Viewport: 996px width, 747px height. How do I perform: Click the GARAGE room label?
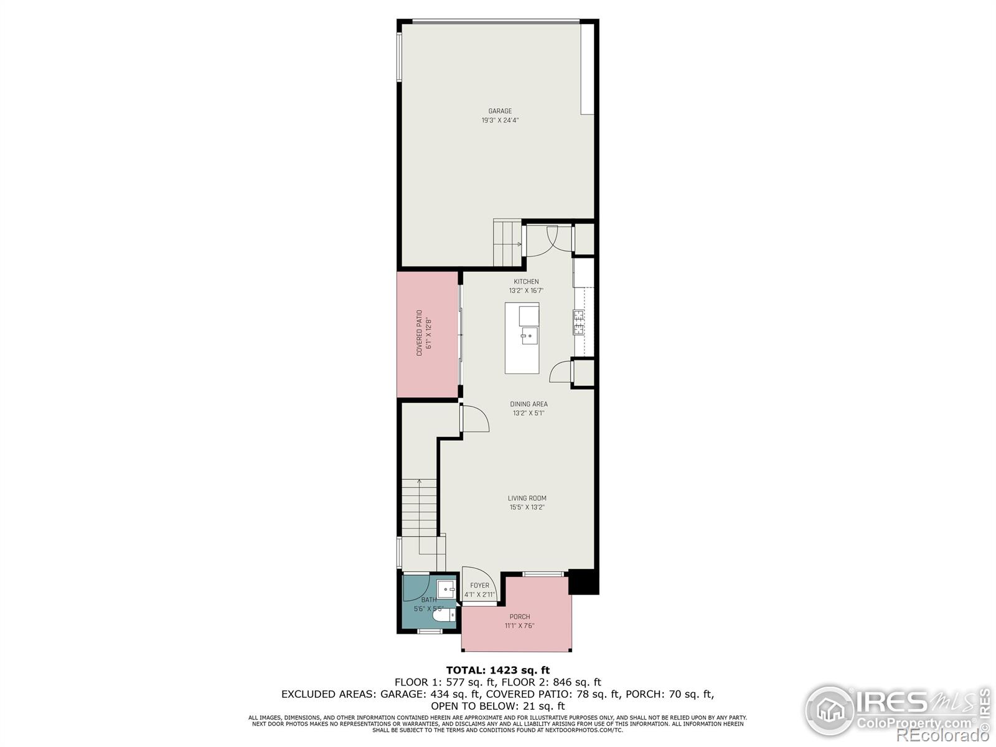click(x=500, y=111)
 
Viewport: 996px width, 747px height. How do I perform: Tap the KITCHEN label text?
click(x=526, y=282)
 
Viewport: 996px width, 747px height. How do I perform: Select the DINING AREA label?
click(x=529, y=404)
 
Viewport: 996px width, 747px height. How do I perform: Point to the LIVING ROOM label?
click(x=527, y=498)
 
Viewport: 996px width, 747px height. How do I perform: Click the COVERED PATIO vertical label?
click(x=420, y=333)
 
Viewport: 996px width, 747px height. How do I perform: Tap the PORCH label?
click(x=520, y=617)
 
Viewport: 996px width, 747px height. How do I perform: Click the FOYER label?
click(x=479, y=585)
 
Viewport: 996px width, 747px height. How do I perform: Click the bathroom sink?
click(x=446, y=588)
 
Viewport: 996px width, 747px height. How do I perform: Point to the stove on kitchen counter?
click(x=578, y=322)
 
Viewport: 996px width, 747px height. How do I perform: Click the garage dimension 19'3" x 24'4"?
click(x=500, y=121)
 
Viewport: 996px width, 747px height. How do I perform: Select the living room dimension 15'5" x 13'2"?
click(x=527, y=507)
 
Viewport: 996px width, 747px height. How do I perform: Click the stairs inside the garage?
click(x=507, y=243)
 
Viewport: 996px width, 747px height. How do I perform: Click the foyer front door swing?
click(x=478, y=580)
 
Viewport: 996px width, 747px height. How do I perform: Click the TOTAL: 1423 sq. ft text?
click(x=497, y=670)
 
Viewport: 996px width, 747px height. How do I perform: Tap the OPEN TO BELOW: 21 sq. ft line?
click(x=497, y=706)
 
